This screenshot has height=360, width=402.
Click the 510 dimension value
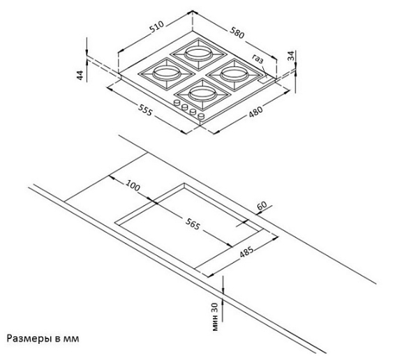click(x=156, y=27)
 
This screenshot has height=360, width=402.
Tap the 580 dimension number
click(x=237, y=33)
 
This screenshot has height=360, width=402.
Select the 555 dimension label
click(x=145, y=110)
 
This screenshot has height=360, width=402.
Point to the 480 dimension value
click(x=256, y=112)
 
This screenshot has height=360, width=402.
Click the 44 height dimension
click(x=80, y=75)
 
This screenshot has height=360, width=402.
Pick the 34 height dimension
click(x=291, y=56)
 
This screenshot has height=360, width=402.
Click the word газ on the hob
click(x=258, y=59)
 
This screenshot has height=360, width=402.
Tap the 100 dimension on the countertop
click(x=133, y=186)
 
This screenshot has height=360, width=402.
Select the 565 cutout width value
click(x=193, y=225)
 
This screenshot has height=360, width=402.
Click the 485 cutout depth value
click(x=246, y=252)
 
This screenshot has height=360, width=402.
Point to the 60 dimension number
click(x=262, y=206)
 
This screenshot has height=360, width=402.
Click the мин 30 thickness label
click(x=215, y=317)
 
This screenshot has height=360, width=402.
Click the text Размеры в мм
click(x=43, y=338)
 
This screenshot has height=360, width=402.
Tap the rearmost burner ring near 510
click(x=199, y=53)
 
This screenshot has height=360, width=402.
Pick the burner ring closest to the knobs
click(x=202, y=93)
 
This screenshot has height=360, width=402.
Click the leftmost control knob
click(x=177, y=103)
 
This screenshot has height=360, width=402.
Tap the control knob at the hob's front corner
click(x=201, y=117)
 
